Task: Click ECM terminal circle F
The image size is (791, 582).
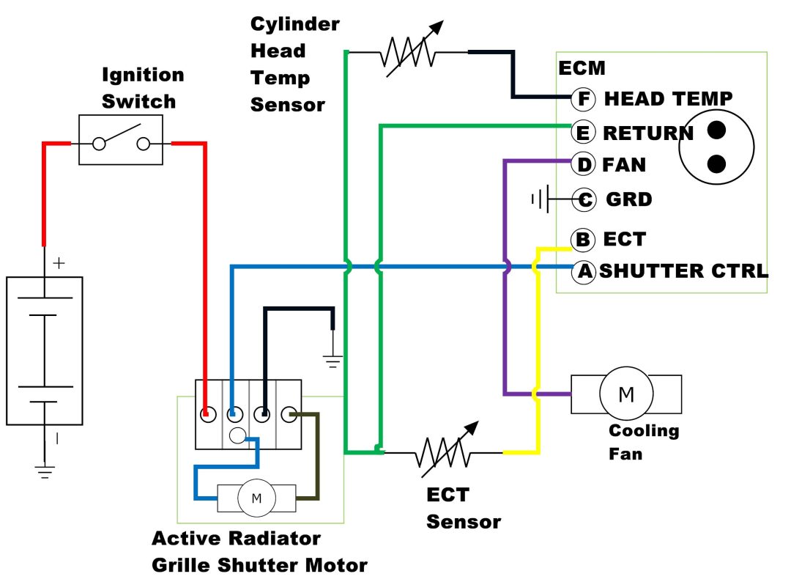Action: pyautogui.click(x=583, y=97)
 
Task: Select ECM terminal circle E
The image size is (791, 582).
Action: pyautogui.click(x=583, y=133)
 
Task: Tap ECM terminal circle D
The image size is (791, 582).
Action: pyautogui.click(x=583, y=164)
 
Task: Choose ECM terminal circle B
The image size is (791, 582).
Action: pyautogui.click(x=583, y=239)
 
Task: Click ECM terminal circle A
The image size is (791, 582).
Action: pyautogui.click(x=584, y=271)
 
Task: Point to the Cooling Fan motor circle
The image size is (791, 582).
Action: pyautogui.click(x=626, y=395)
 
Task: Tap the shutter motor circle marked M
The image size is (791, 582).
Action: pyautogui.click(x=256, y=498)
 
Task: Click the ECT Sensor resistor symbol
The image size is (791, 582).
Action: pyautogui.click(x=444, y=452)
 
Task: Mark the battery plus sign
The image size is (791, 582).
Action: pyautogui.click(x=58, y=263)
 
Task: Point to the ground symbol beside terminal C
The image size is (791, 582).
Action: pyautogui.click(x=540, y=199)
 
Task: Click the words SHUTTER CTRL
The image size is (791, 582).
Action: pyautogui.click(x=684, y=271)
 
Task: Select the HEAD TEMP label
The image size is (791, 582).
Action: pyautogui.click(x=668, y=97)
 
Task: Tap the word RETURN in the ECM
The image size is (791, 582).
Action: pyautogui.click(x=647, y=133)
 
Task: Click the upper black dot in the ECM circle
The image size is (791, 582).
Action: pyautogui.click(x=716, y=130)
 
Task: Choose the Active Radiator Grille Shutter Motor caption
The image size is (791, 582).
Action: pyautogui.click(x=259, y=551)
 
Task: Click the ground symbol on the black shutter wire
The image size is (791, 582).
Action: pyautogui.click(x=333, y=360)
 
